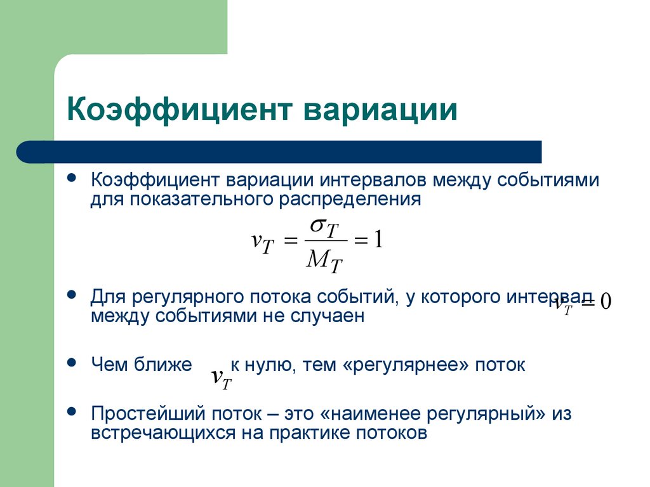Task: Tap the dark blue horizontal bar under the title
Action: click(x=279, y=152)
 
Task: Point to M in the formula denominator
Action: click(x=317, y=257)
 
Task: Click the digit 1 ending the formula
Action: click(x=378, y=240)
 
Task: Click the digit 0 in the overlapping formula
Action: click(x=604, y=302)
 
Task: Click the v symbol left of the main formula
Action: click(x=257, y=240)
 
